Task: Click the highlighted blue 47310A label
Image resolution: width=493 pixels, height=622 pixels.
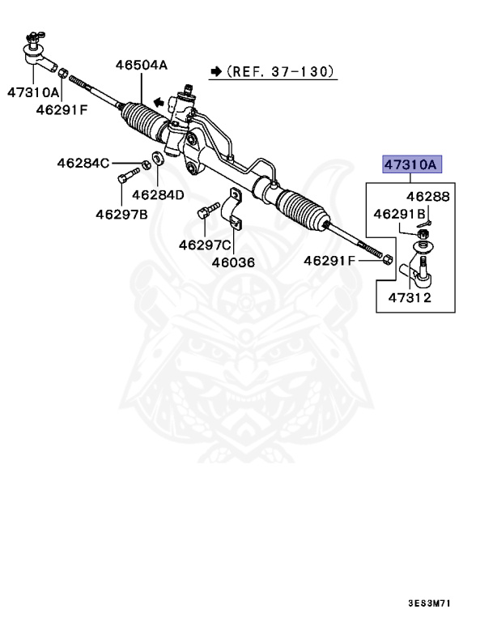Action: pyautogui.click(x=410, y=165)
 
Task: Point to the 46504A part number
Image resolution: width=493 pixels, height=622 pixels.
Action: pyautogui.click(x=141, y=64)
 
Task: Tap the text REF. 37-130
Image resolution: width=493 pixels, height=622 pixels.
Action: pyautogui.click(x=280, y=71)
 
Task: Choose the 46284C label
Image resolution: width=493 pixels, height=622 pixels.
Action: pyautogui.click(x=83, y=163)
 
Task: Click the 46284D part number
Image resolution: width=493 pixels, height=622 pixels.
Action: pyautogui.click(x=158, y=194)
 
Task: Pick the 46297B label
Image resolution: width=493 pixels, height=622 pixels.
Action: pyautogui.click(x=121, y=215)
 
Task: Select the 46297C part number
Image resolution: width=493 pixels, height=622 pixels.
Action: pyautogui.click(x=205, y=244)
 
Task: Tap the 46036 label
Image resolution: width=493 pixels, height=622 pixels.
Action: pyautogui.click(x=234, y=262)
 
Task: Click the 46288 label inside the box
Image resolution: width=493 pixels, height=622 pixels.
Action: pyautogui.click(x=427, y=197)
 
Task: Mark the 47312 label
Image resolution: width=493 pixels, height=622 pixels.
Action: pyautogui.click(x=408, y=297)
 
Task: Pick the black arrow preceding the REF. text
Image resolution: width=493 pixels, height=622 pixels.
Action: pyautogui.click(x=215, y=71)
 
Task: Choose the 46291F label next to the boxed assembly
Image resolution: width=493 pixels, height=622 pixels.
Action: pyautogui.click(x=329, y=261)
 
